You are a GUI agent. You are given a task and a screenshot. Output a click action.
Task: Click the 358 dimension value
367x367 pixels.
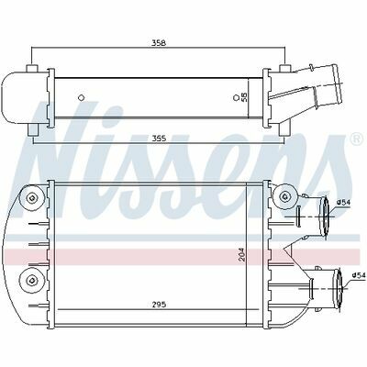(x=159, y=43)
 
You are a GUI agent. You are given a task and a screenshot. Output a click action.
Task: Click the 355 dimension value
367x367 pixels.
(x=159, y=139)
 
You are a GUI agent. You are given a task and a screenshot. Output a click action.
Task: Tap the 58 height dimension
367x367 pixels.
(x=244, y=97)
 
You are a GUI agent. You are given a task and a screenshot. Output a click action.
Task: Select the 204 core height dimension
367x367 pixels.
(x=242, y=254)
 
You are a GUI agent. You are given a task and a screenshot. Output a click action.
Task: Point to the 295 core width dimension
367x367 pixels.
(x=159, y=305)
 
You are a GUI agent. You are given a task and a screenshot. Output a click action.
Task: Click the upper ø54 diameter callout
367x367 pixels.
(x=343, y=202)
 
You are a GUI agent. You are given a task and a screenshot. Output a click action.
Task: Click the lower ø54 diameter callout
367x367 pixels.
(x=359, y=275)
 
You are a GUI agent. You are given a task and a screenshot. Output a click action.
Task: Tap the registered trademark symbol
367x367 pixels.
(x=356, y=139)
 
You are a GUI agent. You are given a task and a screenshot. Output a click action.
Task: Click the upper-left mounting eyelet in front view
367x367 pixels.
(x=31, y=198)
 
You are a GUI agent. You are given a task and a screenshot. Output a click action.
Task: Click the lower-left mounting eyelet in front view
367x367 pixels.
(x=31, y=279)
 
